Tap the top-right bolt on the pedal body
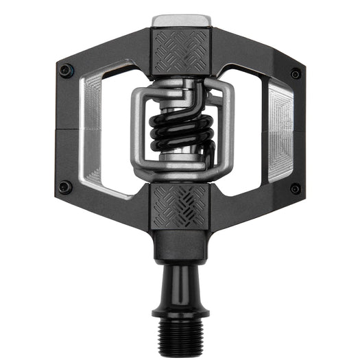(x=295, y=73)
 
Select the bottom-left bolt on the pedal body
(x=64, y=186)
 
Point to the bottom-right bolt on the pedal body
(x=295, y=189)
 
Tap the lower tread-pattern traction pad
(x=180, y=205)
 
